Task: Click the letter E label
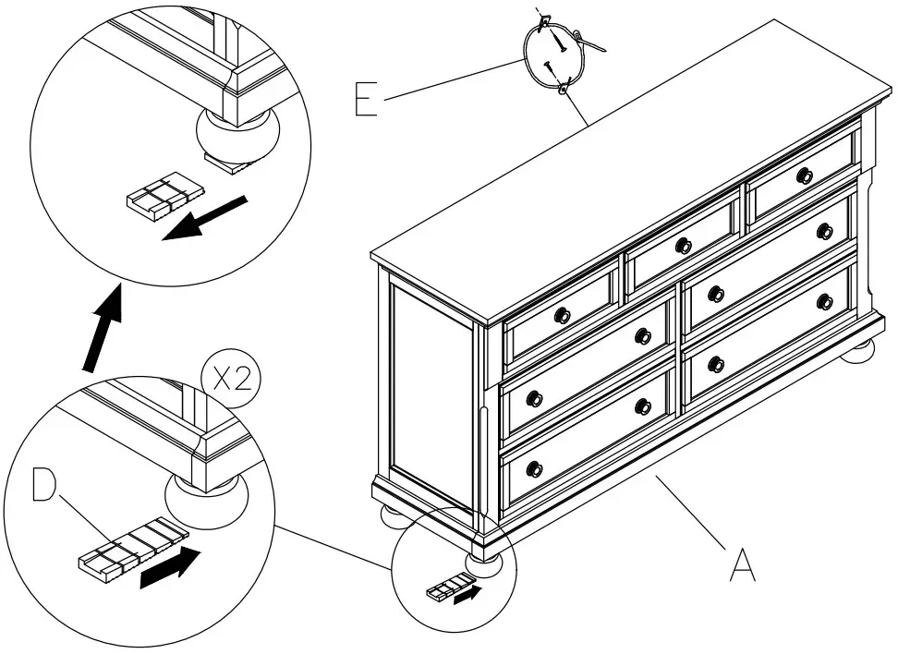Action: click(x=367, y=99)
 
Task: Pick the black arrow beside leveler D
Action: click(x=168, y=565)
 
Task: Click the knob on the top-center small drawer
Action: click(x=683, y=246)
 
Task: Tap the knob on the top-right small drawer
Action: click(x=804, y=176)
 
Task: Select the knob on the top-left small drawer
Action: click(x=562, y=316)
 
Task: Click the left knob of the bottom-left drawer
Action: click(x=534, y=468)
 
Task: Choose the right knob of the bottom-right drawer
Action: click(x=825, y=301)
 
